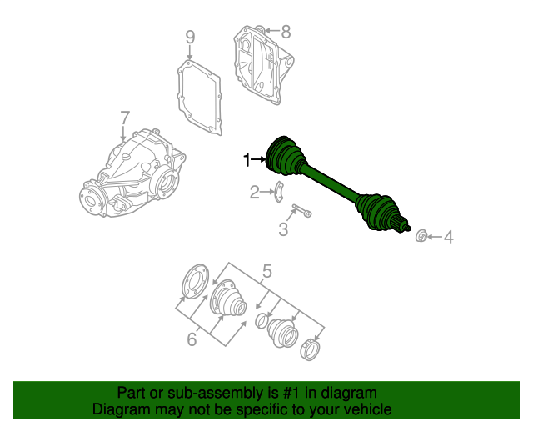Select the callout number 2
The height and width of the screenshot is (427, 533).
[x=255, y=193]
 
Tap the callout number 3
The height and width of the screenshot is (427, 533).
[x=283, y=229]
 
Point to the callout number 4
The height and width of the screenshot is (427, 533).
[x=449, y=237]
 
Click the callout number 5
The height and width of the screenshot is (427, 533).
[x=267, y=272]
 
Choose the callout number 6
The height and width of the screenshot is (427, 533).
[x=192, y=339]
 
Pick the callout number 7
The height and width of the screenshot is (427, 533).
[x=125, y=118]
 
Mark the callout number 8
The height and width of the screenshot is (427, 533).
[x=286, y=32]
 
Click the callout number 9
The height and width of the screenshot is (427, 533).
[x=190, y=37]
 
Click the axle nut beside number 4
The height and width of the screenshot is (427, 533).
[x=421, y=236]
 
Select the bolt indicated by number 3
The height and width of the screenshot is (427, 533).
[x=301, y=210]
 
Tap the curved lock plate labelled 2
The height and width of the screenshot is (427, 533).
[x=279, y=193]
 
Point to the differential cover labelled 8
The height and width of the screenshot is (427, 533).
[x=263, y=65]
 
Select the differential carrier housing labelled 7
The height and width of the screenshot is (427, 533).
[x=132, y=173]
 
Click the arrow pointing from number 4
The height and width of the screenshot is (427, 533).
[x=435, y=236]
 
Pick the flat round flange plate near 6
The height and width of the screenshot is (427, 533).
[x=196, y=282]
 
